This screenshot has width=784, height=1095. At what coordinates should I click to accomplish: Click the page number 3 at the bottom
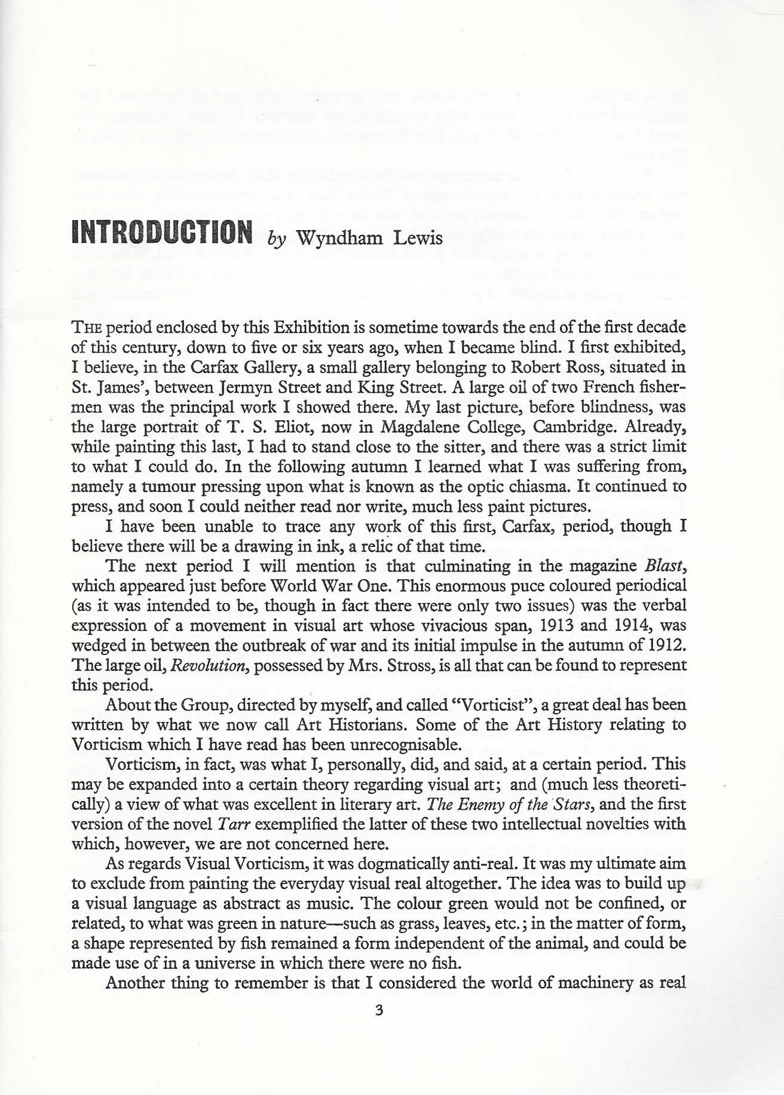click(378, 1010)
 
